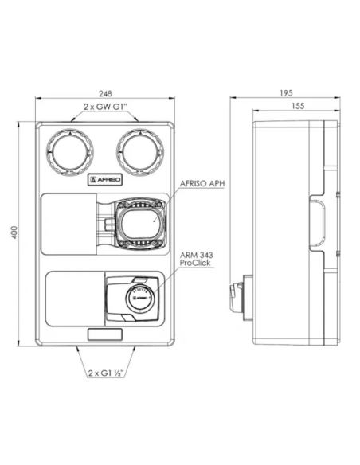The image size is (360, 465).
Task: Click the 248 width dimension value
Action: point(105,94)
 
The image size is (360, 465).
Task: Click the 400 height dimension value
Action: point(14,232)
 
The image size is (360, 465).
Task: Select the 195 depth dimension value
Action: point(286,93)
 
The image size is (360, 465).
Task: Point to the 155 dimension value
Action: point(298,106)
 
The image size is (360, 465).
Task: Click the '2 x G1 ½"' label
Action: point(106,373)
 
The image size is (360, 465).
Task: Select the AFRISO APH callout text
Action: point(202,184)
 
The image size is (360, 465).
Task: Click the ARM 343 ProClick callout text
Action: point(196,259)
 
